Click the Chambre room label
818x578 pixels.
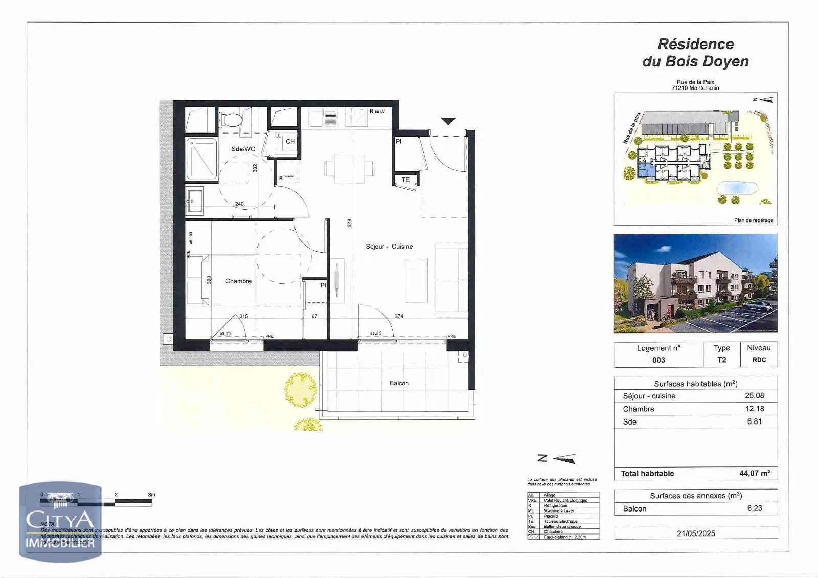click(238, 281)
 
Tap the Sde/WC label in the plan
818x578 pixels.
click(243, 149)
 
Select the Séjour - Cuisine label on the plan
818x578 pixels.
click(389, 246)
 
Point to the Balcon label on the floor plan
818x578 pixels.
click(399, 383)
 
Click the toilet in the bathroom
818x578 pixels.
click(233, 121)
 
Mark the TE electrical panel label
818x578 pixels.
click(405, 180)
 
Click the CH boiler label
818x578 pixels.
click(290, 141)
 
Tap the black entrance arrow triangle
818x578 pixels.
click(448, 121)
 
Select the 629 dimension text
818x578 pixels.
click(349, 223)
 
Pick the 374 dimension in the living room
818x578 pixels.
click(399, 316)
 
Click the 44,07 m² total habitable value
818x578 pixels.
click(754, 473)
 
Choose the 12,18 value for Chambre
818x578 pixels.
click(755, 409)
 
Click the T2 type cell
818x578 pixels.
click(721, 360)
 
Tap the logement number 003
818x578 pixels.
click(658, 360)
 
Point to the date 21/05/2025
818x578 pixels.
click(696, 533)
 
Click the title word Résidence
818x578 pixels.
click(695, 44)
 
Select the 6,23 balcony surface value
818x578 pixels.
click(754, 508)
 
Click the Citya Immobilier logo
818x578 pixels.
click(60, 522)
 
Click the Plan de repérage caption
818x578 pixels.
click(753, 220)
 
